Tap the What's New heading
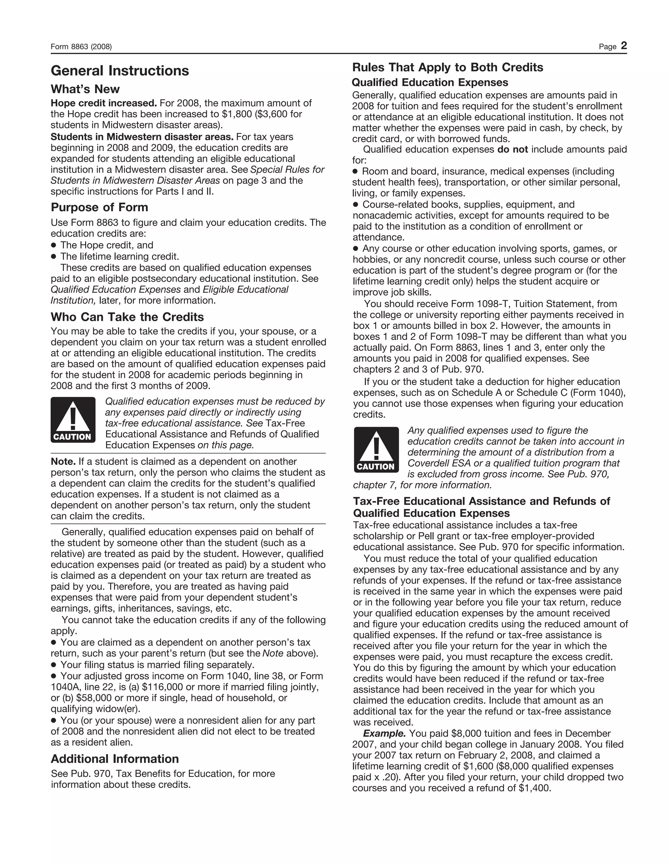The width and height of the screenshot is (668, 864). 85,89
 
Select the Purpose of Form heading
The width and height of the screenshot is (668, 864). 99,207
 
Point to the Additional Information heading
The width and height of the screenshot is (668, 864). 115,759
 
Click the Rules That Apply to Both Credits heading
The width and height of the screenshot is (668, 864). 448,67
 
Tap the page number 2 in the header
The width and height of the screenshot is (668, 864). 624,46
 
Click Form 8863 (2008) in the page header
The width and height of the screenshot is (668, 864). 81,47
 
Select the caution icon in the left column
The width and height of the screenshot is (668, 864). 73,420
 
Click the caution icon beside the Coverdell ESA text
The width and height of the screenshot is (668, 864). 376,450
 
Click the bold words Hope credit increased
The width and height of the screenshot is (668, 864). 104,103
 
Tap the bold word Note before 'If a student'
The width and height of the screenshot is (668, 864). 63,462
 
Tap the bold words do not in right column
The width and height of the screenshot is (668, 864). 513,150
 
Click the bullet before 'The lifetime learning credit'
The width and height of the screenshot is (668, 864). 53,256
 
